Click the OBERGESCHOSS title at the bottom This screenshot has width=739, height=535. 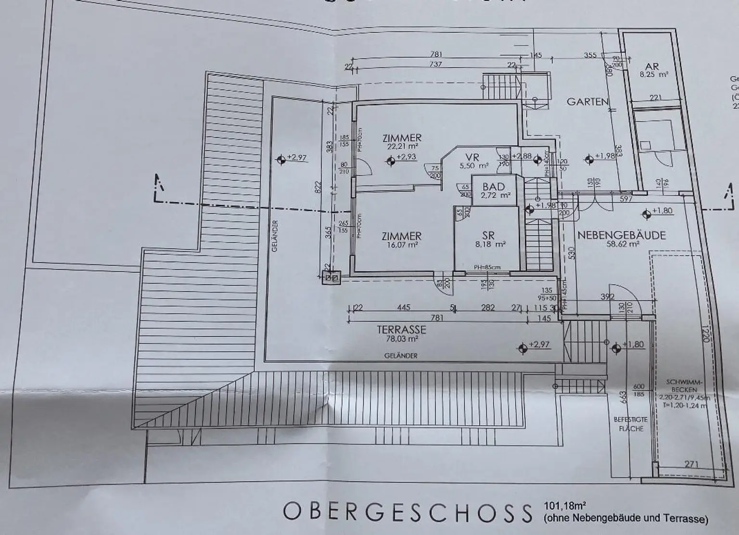coord(407,512)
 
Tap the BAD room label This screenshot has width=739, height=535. coord(494,187)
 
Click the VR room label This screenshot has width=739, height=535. coord(472,157)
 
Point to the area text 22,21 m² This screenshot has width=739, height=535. coord(402,147)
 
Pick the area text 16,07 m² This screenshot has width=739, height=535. coord(401,245)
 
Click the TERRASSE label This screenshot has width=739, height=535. coord(401,330)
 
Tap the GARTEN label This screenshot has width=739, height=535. coord(587,102)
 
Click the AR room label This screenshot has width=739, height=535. coord(653,67)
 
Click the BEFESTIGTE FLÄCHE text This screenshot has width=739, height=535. coord(630,424)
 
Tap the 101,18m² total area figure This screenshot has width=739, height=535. coord(565,506)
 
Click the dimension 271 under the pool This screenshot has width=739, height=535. coord(690,464)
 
